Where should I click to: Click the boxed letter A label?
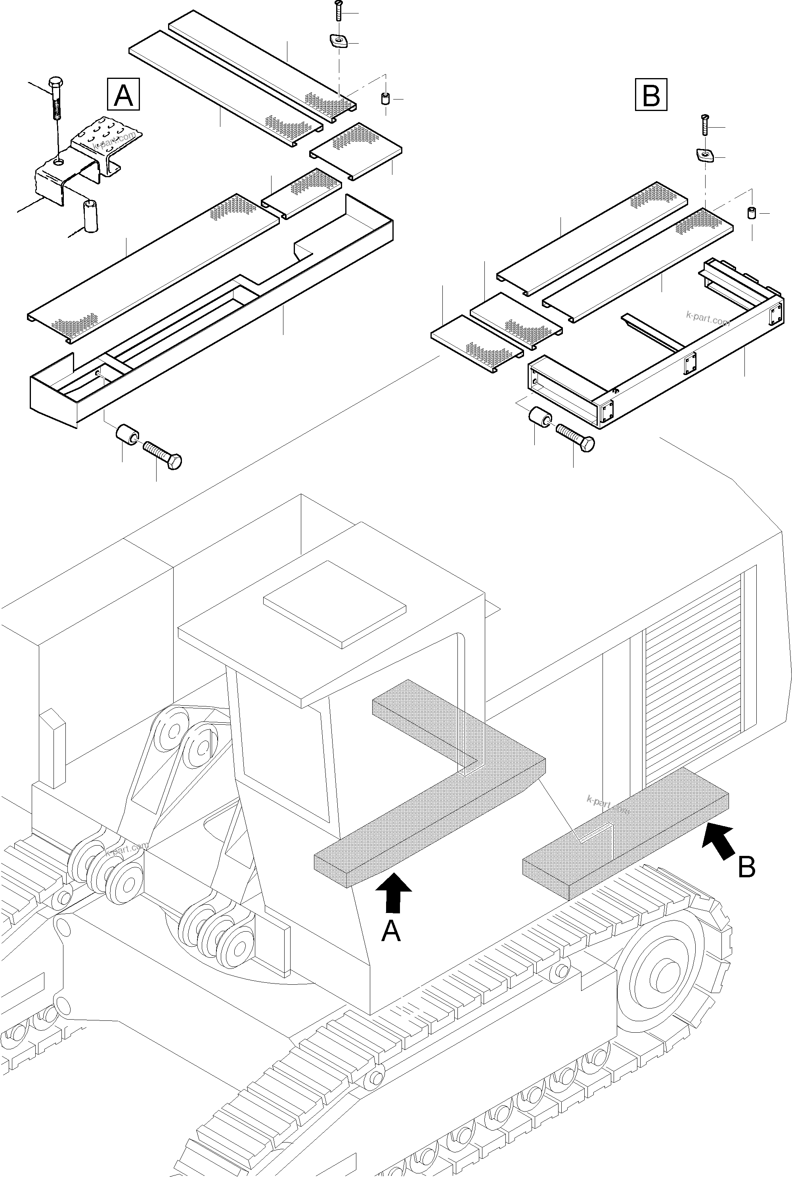(x=123, y=94)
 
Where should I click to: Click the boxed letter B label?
(x=650, y=94)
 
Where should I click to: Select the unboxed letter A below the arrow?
(x=391, y=930)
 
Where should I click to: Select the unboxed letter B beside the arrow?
(x=746, y=867)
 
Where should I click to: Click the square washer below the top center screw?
(x=337, y=41)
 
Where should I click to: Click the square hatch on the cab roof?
(x=335, y=604)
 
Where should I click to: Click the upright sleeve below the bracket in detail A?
(x=91, y=216)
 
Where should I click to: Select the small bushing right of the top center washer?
(x=385, y=98)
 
